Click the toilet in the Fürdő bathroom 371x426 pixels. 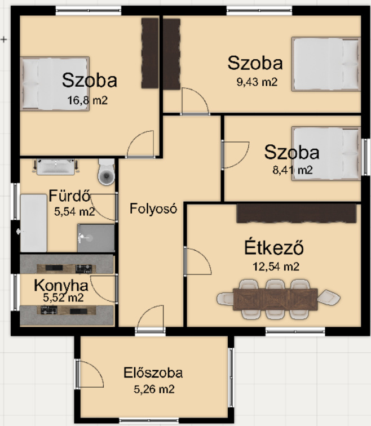coord(106,172)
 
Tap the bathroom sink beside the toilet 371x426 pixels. coord(56,167)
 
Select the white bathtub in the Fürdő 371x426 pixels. coord(34,223)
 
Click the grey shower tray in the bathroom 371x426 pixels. coord(96,238)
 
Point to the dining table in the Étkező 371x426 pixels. coord(275,299)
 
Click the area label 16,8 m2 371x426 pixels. coord(87,100)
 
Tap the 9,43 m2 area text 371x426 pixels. coord(257,82)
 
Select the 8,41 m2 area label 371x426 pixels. coord(293,170)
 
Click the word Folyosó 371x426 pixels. coord(153,208)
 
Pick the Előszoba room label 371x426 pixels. coord(153,373)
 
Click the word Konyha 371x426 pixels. coord(61,286)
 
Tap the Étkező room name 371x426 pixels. coord(274,247)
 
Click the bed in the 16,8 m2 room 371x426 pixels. coord(55,83)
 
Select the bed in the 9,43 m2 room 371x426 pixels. coord(326,64)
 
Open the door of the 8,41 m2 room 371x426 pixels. coord(235,155)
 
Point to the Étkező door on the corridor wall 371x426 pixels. coord(197,261)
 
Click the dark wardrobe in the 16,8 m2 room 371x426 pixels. coord(150,53)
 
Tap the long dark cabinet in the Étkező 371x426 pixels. coord(296,213)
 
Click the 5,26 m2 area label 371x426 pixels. coord(154,389)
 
